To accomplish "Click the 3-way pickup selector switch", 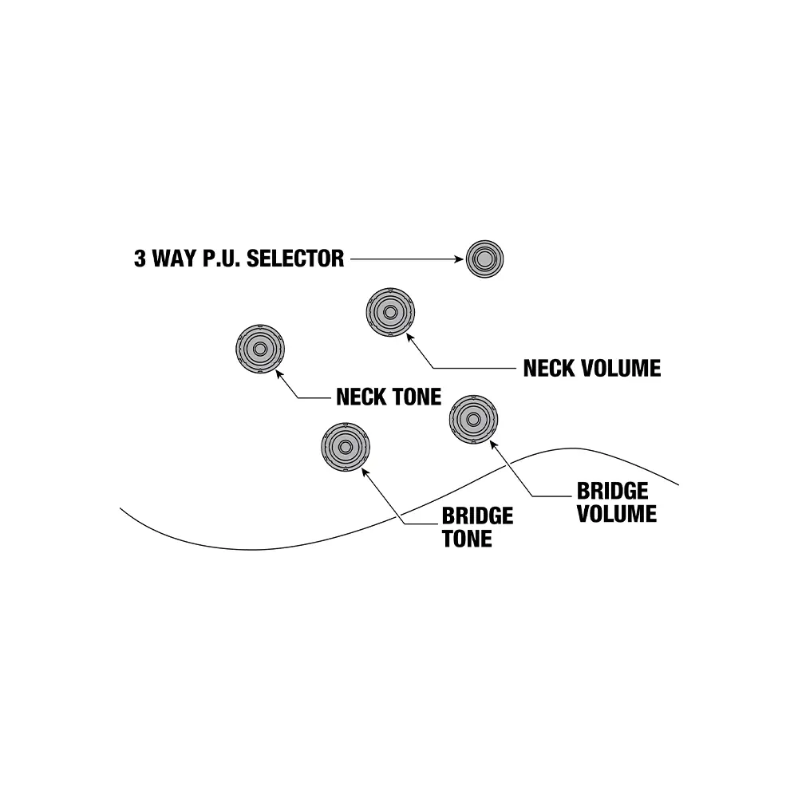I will (484, 259).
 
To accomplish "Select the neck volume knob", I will (391, 312).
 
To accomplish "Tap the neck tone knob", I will (260, 350).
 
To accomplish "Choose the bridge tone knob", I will (346, 447).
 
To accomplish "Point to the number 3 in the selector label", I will (140, 259).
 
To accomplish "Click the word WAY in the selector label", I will (177, 259).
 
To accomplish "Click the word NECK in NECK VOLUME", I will (547, 368).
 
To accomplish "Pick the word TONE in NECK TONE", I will (415, 397).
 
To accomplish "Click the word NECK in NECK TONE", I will (361, 397).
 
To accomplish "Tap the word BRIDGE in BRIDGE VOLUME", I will (613, 490).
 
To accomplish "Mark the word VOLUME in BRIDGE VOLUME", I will (617, 513).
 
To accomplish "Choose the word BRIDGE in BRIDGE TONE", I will (477, 516).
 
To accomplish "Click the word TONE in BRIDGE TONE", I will (467, 539).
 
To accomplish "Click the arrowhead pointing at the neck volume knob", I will (410, 338).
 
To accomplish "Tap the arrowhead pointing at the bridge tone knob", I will (365, 472).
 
